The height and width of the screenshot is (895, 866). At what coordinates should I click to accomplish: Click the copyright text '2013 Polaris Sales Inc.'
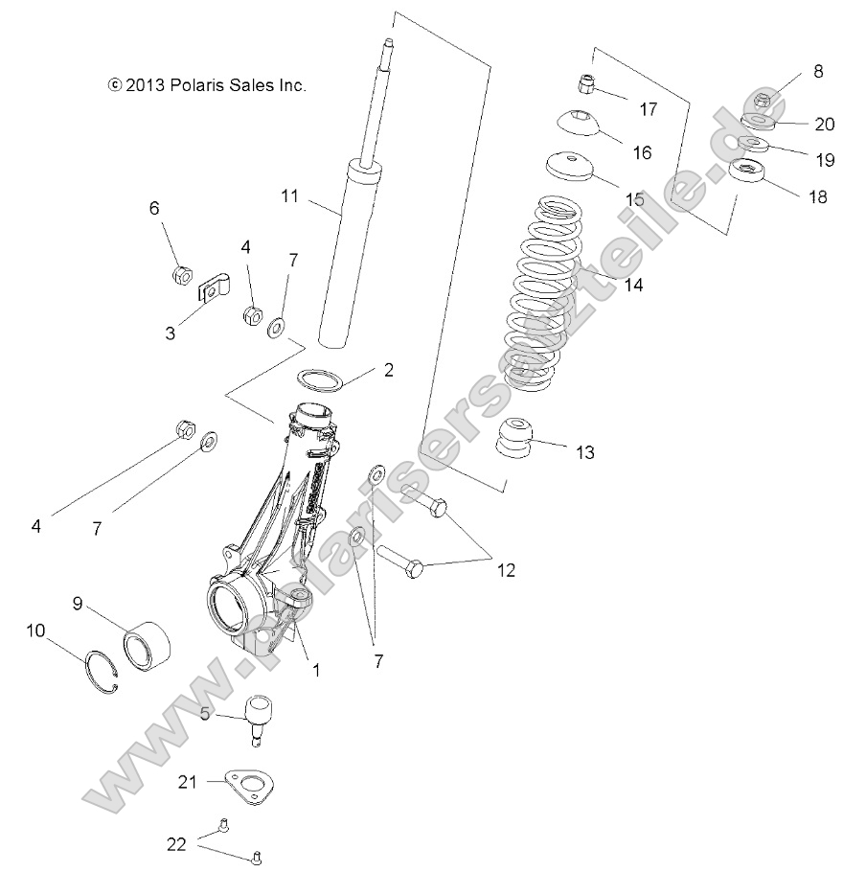pos(207,85)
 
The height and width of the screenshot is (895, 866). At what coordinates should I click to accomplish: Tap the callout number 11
pos(290,196)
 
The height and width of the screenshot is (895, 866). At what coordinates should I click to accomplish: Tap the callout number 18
pos(817,196)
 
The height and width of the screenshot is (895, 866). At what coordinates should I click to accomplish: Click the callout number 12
pos(506,570)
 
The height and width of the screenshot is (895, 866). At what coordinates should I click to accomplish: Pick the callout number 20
pos(824,124)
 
